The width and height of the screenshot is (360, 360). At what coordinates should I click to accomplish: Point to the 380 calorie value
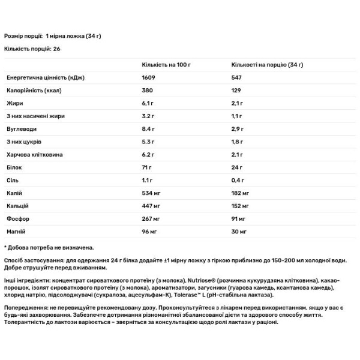(146, 91)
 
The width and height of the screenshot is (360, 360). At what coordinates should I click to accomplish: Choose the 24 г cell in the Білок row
(238, 167)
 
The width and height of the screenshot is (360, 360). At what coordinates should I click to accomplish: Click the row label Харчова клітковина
(34, 155)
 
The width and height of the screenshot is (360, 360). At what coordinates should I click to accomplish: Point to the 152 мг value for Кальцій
(240, 206)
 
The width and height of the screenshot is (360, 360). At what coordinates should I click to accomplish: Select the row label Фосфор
(17, 218)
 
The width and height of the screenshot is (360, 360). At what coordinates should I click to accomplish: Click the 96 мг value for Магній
(149, 231)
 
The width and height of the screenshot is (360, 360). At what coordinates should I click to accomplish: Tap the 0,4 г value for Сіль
(239, 181)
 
